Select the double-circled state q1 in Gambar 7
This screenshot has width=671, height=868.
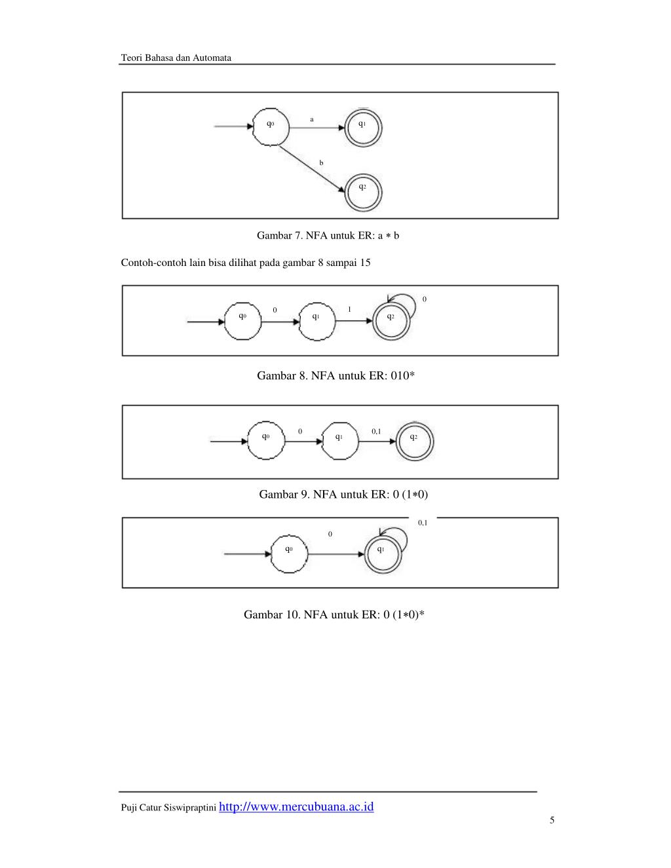(362, 127)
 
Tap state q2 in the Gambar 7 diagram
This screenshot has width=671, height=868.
(362, 191)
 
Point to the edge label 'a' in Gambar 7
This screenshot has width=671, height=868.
(312, 119)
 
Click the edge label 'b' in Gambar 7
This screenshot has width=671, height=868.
(321, 162)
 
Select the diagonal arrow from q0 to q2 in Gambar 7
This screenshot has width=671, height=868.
(312, 169)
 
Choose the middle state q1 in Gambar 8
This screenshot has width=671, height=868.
(316, 321)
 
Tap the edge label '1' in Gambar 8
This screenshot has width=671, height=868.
(349, 309)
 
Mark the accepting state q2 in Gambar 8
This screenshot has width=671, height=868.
(391, 321)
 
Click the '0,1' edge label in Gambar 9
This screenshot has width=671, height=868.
(376, 431)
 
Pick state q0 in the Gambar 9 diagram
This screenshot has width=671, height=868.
(266, 441)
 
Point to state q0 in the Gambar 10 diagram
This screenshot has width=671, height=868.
(289, 554)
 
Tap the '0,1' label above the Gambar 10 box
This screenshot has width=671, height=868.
(423, 522)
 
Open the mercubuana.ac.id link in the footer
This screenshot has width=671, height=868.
(296, 806)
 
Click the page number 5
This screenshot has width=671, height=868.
(552, 820)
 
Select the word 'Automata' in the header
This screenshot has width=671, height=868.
(212, 58)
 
